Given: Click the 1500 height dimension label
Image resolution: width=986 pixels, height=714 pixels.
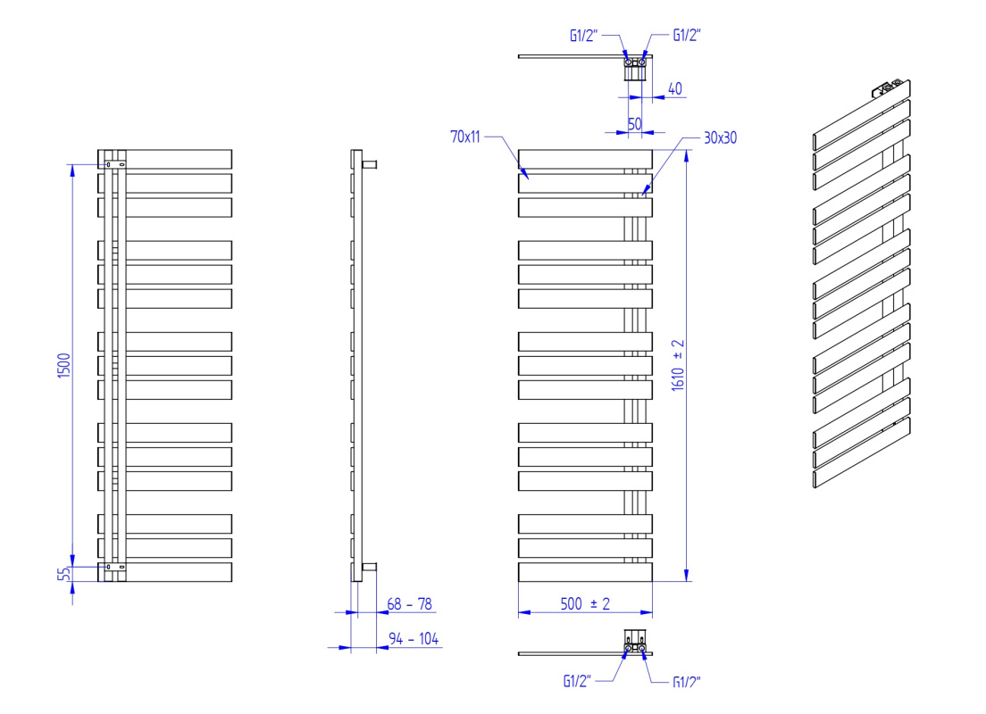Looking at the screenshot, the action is [64, 365].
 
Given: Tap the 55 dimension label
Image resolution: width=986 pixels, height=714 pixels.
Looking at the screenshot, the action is [63, 574].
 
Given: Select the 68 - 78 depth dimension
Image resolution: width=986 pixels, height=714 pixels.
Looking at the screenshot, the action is [409, 604].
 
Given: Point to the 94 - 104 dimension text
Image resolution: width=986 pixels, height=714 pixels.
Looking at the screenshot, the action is [414, 638].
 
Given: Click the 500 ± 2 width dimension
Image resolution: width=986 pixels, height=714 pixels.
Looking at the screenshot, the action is [586, 604].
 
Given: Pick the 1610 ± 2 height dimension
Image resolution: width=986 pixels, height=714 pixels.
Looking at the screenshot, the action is [678, 365].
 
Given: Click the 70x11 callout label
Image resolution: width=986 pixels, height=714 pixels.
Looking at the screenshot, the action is [465, 137].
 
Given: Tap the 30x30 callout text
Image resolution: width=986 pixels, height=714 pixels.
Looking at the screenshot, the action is [720, 137].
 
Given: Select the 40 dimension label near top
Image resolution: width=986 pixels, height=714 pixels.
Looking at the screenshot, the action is [674, 88].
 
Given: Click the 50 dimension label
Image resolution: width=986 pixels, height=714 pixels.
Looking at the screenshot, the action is [635, 124].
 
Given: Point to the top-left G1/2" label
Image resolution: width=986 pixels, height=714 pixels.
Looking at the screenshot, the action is [583, 35].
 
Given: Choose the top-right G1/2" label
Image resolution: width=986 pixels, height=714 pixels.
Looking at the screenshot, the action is [687, 35].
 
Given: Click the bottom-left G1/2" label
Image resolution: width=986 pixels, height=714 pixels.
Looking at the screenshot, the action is [577, 681].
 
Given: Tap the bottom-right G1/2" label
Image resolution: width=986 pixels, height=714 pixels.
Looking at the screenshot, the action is [687, 682].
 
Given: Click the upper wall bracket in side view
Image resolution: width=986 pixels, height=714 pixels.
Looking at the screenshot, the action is [369, 165].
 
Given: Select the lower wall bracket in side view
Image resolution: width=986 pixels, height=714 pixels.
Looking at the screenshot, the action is [369, 567].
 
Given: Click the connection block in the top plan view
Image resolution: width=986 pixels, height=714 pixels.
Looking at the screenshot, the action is [635, 68].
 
